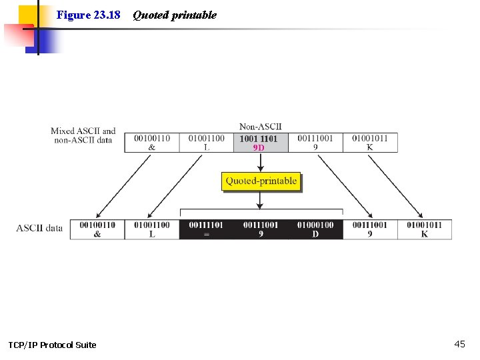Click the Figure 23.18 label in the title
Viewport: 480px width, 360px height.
[88, 15]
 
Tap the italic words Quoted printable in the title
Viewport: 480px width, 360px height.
[175, 15]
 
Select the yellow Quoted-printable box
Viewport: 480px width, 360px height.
[261, 181]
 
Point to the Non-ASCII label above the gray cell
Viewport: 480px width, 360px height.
[260, 127]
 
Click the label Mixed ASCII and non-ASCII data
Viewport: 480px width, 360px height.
[83, 135]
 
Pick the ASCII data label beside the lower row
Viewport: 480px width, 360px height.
[39, 228]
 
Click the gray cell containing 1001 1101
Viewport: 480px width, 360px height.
[260, 143]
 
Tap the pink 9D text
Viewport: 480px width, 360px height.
[259, 147]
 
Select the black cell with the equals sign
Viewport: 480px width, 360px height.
[206, 229]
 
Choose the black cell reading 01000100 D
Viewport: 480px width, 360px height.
[315, 229]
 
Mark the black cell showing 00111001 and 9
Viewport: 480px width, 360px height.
[261, 229]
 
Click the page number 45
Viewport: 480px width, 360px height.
[459, 344]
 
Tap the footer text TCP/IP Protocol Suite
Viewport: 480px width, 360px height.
[52, 345]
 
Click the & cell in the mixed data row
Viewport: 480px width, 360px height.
[152, 143]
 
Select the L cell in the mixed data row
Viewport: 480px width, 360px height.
[206, 143]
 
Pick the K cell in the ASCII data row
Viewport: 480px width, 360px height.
[425, 229]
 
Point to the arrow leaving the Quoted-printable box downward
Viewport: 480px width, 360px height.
[261, 199]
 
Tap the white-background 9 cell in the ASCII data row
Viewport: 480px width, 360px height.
[370, 229]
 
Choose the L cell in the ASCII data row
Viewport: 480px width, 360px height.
[152, 229]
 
